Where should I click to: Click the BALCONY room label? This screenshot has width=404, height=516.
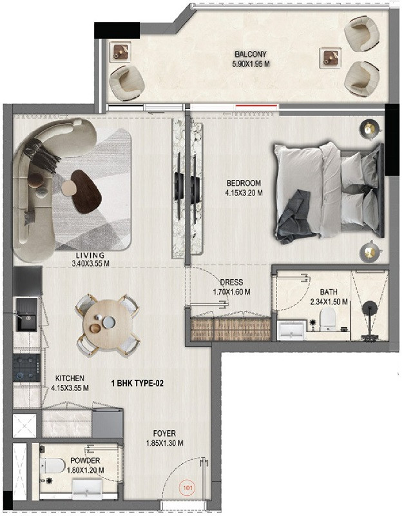coord(250,54)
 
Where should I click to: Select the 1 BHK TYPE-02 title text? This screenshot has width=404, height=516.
coord(137,383)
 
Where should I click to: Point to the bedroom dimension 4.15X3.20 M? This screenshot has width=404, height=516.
coord(244,193)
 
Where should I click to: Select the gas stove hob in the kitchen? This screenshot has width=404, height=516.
coord(27,368)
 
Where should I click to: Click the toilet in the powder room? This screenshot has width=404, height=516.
coord(53,466)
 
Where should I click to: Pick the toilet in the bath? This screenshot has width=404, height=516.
coord(327,319)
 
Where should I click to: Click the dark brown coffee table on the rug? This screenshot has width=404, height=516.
coord(86,191)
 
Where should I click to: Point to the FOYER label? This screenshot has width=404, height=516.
coord(164,433)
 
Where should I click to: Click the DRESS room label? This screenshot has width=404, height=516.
coord(231,283)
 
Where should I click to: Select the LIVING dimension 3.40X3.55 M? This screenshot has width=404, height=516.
coord(90,264)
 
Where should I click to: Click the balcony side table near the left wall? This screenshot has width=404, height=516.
coord(120,51)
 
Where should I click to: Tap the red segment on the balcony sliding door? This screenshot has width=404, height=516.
coord(256,105)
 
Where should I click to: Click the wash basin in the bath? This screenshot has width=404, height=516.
coord(292,330)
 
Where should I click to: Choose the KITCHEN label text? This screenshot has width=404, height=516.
coord(70,379)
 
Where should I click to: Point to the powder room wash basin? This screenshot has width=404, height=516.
coord(87,489)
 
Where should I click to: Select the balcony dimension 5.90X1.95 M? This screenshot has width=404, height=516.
coord(251,64)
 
